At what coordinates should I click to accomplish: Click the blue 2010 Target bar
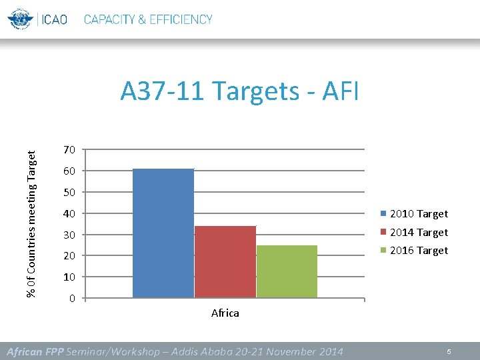click(x=163, y=233)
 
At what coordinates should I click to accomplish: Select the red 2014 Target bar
click(x=225, y=261)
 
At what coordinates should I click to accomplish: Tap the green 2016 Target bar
click(x=287, y=271)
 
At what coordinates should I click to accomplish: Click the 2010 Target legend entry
click(x=414, y=214)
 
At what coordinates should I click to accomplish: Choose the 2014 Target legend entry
click(x=414, y=233)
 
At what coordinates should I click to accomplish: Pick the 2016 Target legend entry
click(x=414, y=251)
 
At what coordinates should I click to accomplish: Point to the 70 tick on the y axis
click(x=70, y=149)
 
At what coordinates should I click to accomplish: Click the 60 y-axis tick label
click(x=70, y=171)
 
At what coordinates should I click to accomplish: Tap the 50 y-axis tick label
click(x=70, y=192)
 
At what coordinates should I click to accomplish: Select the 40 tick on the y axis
click(x=70, y=213)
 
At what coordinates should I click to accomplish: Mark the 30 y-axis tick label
click(x=70, y=235)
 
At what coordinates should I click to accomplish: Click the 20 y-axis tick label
click(x=70, y=256)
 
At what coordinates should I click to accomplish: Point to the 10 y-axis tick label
click(x=70, y=277)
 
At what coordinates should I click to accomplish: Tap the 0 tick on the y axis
click(x=72, y=298)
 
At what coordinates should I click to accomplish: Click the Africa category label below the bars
click(x=225, y=313)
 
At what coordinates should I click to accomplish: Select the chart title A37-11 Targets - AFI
click(x=239, y=91)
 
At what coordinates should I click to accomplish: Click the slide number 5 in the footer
click(x=449, y=351)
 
